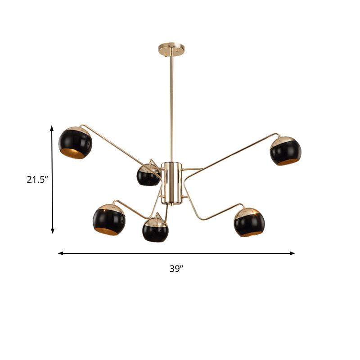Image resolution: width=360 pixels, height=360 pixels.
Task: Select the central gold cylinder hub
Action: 171,182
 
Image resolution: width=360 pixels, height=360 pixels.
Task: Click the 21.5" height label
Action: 37,180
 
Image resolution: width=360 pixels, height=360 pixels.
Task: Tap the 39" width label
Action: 176,269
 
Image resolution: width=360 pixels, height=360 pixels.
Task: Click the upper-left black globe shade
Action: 76,143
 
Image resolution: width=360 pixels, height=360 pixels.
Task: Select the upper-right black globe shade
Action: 285,150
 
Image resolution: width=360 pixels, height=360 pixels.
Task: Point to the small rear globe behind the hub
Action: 148,175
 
